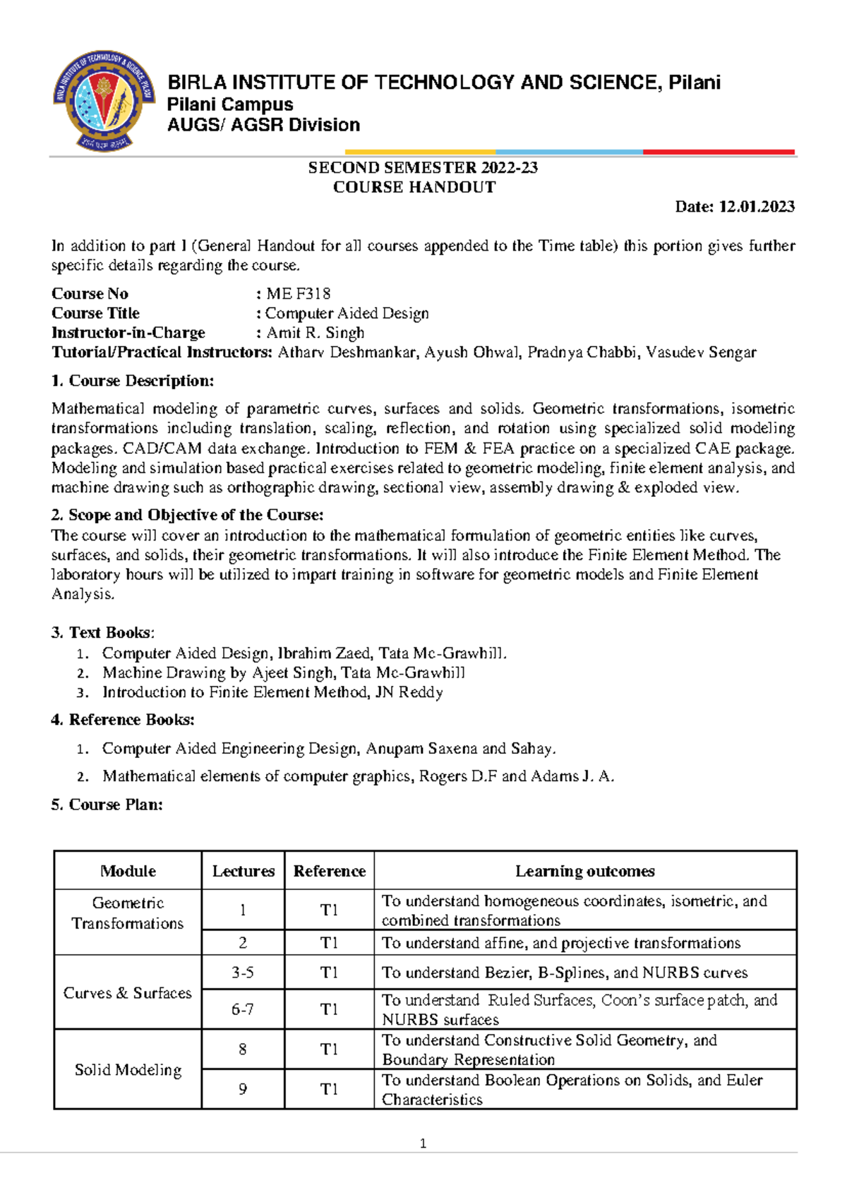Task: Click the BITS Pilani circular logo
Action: click(104, 101)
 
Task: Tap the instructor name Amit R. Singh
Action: click(315, 333)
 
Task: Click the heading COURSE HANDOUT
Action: click(414, 187)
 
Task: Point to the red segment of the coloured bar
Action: click(719, 152)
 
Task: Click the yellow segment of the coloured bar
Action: click(420, 152)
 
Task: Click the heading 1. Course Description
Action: click(133, 381)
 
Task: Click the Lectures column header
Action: click(244, 871)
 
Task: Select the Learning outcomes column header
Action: click(584, 871)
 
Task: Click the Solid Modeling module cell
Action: click(128, 1070)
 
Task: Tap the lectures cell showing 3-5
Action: click(243, 973)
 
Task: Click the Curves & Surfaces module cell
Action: click(128, 993)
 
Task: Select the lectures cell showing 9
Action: click(243, 1090)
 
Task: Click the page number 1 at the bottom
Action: click(423, 1144)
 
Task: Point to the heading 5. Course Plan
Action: click(107, 805)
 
